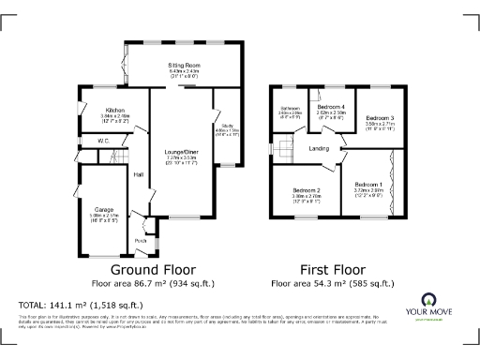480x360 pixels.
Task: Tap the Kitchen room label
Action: (116, 110)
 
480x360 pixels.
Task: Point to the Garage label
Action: (103, 209)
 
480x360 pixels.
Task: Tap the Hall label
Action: (138, 174)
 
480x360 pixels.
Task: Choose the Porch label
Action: (141, 240)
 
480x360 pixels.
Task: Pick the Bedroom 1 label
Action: (367, 185)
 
